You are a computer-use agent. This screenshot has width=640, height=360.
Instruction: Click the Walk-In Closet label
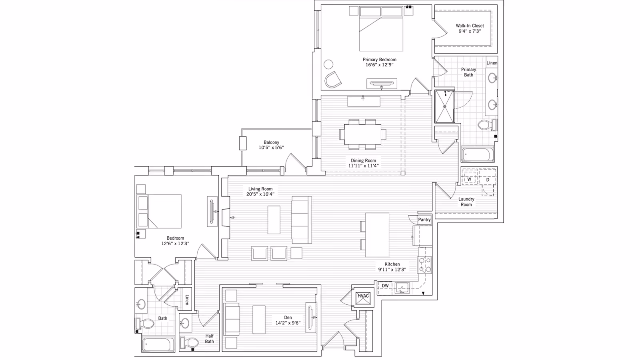470,26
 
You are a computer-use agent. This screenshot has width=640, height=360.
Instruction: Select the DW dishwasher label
385,286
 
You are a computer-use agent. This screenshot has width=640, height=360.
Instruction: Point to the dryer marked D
488,180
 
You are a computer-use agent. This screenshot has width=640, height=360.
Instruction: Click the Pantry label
424,220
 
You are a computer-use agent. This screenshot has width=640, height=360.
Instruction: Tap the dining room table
362,134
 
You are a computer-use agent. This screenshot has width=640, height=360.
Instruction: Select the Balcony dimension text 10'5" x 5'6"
271,148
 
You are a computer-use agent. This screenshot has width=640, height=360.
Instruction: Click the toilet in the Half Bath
190,342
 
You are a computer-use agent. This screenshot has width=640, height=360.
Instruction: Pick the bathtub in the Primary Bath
478,154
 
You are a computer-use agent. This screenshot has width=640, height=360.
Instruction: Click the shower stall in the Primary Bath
444,106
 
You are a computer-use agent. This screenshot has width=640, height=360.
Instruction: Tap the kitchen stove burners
424,265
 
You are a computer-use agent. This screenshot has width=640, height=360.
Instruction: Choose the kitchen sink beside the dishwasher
402,288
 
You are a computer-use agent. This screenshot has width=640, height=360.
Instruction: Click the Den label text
288,318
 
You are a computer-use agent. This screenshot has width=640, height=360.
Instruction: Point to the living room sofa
302,220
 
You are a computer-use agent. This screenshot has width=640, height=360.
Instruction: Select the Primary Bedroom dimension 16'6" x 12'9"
380,65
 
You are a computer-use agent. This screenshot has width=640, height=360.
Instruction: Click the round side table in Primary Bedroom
328,64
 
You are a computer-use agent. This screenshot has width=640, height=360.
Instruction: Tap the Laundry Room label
466,202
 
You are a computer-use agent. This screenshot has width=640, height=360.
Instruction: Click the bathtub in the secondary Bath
158,344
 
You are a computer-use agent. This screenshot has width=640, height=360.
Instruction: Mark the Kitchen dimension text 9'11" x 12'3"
392,270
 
